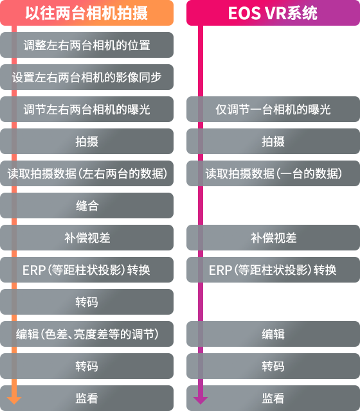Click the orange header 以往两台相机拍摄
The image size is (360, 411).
click(87, 13)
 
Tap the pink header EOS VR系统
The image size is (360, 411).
click(273, 13)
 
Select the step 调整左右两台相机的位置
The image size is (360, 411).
click(87, 45)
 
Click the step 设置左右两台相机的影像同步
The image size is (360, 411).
click(87, 77)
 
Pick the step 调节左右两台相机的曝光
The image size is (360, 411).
click(87, 109)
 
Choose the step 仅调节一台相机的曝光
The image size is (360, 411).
click(273, 109)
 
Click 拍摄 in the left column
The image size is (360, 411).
click(87, 141)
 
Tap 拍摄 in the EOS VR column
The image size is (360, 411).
click(273, 141)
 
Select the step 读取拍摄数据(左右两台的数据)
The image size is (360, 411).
click(87, 173)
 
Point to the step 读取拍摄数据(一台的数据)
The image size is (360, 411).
click(273, 173)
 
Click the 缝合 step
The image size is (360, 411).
click(87, 205)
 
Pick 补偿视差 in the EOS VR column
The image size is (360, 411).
click(273, 238)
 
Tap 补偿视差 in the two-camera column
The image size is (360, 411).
click(87, 238)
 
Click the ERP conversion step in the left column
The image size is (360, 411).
click(87, 270)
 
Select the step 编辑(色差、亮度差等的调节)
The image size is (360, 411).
click(87, 334)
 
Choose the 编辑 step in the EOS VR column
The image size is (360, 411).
click(273, 334)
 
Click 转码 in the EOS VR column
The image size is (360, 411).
click(273, 366)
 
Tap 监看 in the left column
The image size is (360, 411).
click(87, 398)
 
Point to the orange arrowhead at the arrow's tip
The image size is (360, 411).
click(14, 404)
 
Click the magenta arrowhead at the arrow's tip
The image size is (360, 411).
click(201, 404)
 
